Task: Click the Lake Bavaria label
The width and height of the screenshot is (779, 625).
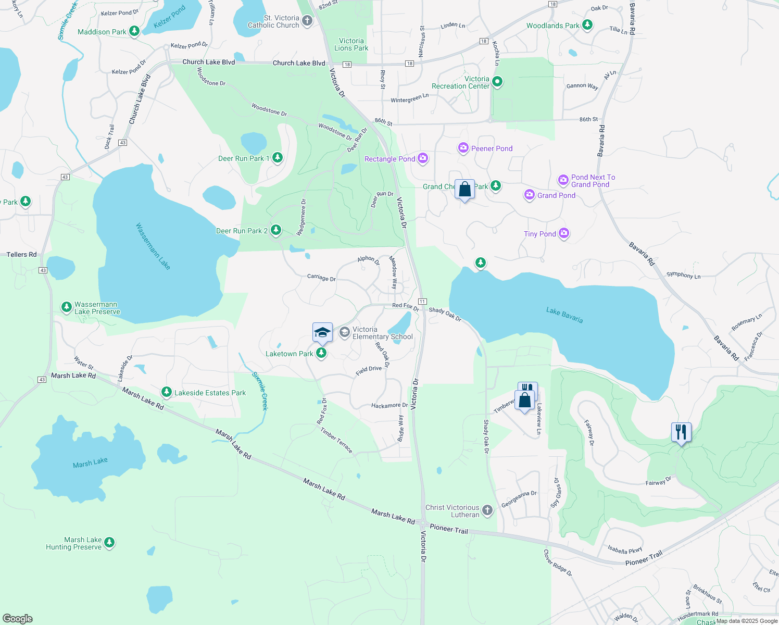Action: [x=564, y=315]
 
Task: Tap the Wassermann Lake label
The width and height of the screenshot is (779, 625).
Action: [x=153, y=246]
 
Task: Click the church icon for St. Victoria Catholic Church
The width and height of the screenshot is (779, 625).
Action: [x=307, y=21]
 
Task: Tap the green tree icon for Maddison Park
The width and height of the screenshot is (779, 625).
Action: [x=134, y=32]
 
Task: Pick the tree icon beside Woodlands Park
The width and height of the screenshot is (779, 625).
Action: [x=587, y=25]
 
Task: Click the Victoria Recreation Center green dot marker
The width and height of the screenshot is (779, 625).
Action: [x=497, y=82]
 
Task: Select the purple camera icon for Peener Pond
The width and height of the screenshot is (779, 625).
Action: [x=463, y=148]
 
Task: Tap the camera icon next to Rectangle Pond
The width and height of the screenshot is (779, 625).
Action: [x=423, y=158]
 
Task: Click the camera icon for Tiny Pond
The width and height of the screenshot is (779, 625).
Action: [x=563, y=233]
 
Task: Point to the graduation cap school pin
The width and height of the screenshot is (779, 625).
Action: [x=322, y=332]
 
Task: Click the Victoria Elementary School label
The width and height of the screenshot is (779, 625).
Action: [x=382, y=333]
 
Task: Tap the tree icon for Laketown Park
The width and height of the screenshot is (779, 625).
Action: [x=321, y=354]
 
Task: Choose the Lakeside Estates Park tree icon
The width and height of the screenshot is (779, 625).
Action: [x=167, y=392]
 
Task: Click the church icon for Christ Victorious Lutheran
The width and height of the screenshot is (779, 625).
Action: [x=487, y=510]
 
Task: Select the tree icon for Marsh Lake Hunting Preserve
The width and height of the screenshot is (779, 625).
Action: [x=109, y=543]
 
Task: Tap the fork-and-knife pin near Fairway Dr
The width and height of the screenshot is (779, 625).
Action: [x=681, y=432]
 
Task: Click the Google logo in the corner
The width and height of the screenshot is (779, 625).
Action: [x=18, y=618]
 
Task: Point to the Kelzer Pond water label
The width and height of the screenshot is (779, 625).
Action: [x=170, y=17]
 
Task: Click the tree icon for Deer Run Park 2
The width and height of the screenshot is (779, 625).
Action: [x=276, y=230]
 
